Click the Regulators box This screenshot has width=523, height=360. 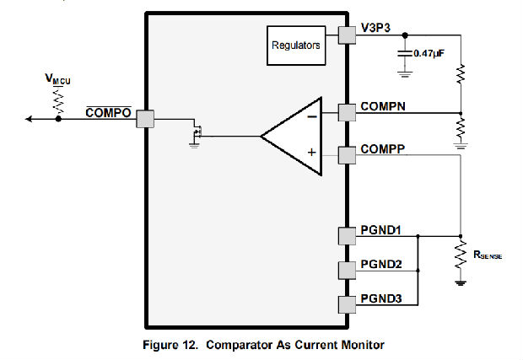[295, 46]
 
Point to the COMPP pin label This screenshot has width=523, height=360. [384, 148]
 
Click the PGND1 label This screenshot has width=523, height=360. [380, 229]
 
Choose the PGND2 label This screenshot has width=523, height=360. [380, 265]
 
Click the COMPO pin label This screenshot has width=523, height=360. [109, 112]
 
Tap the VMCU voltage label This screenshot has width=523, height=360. [58, 80]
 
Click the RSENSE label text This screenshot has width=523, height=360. [488, 255]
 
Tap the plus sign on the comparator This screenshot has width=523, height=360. [312, 153]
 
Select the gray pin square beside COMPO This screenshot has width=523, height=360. [146, 120]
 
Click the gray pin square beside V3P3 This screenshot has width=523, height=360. [347, 35]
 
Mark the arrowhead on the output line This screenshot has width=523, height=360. [30, 120]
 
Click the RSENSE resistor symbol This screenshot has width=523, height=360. [461, 255]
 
